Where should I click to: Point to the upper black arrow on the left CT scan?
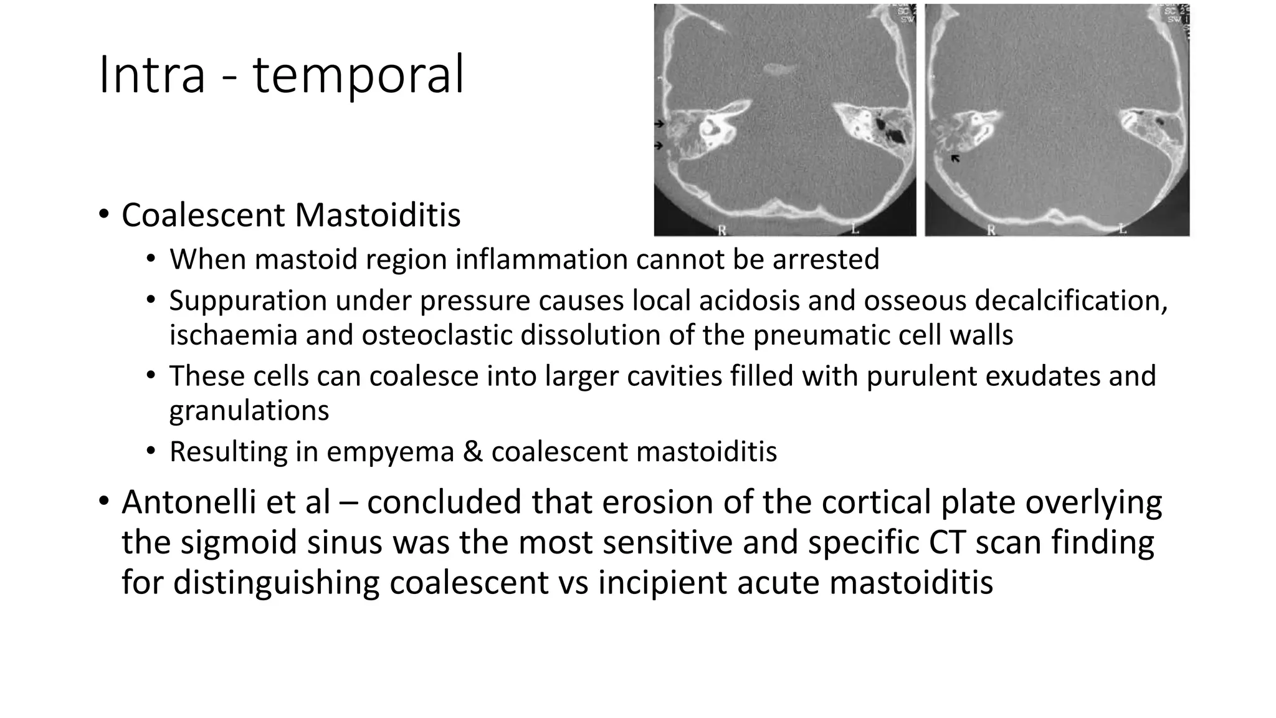659,124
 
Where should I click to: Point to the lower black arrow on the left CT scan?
659,146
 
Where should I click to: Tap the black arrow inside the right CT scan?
955,159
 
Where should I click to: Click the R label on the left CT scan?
722,230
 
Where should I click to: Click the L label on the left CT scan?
855,229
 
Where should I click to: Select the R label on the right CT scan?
991,230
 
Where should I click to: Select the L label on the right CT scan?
1122,229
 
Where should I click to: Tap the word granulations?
249,411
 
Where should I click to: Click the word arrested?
826,259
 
